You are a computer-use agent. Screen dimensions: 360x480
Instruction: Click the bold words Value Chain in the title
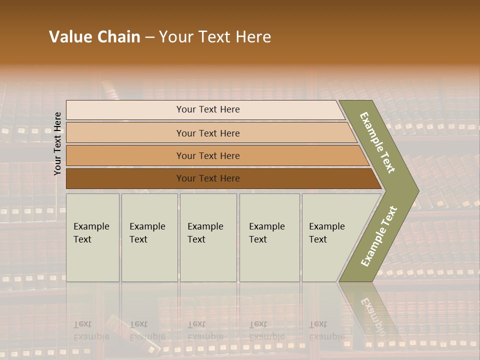94,37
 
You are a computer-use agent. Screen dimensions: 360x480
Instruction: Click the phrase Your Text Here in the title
215,37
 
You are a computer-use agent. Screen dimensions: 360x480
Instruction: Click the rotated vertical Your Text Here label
57,143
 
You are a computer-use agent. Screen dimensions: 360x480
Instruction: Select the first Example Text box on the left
92,237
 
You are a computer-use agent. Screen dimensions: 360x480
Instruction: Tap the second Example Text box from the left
149,237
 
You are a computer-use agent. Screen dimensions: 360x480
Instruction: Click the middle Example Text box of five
208,237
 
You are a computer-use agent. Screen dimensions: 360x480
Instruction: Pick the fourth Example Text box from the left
269,237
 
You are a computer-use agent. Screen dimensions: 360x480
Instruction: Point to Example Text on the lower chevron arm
378,236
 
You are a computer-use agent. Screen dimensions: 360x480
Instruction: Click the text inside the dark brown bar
208,178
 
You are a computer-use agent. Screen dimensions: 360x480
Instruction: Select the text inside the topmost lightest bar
208,109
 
